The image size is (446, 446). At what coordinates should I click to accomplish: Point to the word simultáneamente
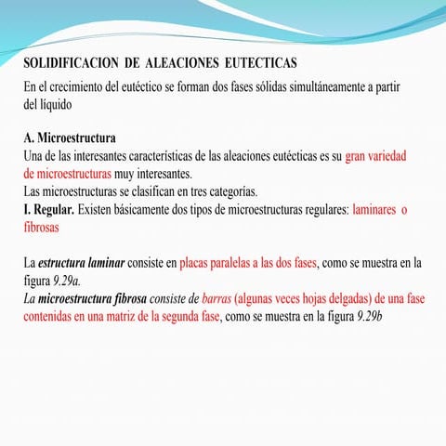(x=306, y=87)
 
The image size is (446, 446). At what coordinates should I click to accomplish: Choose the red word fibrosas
(x=42, y=226)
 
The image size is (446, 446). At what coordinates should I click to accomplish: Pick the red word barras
(x=216, y=298)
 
